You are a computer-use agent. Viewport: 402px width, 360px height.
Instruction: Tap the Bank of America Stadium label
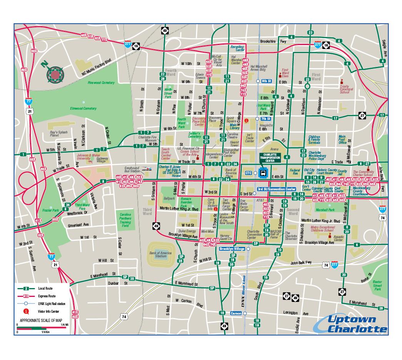pyautogui.click(x=160, y=255)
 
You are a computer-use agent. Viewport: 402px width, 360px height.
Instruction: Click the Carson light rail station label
pyautogui.click(x=236, y=313)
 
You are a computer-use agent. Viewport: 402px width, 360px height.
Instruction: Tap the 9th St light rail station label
pyautogui.click(x=266, y=81)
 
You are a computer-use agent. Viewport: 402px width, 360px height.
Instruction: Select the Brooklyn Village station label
pyautogui.click(x=232, y=249)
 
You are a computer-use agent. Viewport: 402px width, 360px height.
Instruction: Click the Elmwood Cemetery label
pyautogui.click(x=83, y=108)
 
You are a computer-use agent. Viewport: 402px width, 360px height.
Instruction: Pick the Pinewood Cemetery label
pyautogui.click(x=101, y=83)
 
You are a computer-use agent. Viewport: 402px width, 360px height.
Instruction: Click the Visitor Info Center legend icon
pyautogui.click(x=26, y=311)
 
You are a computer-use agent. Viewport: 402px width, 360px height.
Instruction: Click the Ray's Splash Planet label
pyautogui.click(x=59, y=134)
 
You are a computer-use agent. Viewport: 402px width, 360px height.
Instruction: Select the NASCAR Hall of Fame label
pyautogui.click(x=276, y=233)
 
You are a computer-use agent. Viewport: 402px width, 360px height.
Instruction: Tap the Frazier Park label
pyautogui.click(x=50, y=210)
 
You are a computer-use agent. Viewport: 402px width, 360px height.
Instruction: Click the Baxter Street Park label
pyautogui.click(x=377, y=285)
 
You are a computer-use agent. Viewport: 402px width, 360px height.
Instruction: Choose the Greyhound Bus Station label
pyautogui.click(x=132, y=170)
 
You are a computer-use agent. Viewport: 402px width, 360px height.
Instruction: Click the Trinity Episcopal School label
pyautogui.click(x=345, y=89)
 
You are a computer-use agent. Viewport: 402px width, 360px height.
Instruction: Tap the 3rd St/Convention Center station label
pyautogui.click(x=276, y=189)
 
